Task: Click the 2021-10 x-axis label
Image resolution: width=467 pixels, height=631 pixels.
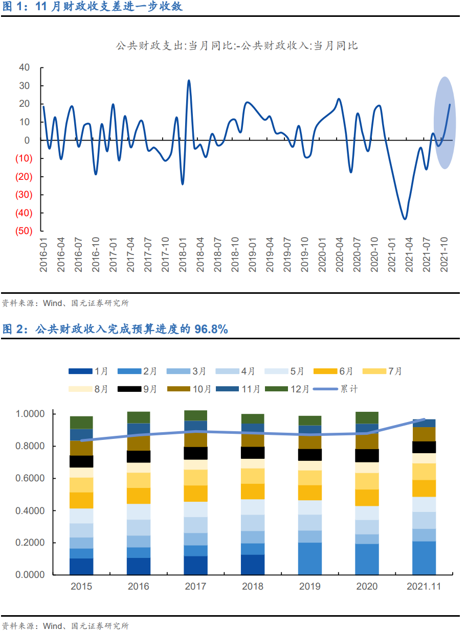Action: pyautogui.click(x=445, y=254)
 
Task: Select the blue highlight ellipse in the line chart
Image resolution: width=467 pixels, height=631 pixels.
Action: pyautogui.click(x=445, y=123)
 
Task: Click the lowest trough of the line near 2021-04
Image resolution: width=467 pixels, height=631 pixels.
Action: pyautogui.click(x=405, y=219)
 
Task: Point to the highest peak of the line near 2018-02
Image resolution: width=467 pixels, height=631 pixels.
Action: pyautogui.click(x=189, y=81)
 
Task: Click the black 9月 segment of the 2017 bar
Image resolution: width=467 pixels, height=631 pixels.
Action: pyautogui.click(x=196, y=453)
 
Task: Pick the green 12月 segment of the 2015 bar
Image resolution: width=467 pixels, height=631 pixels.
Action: pyautogui.click(x=81, y=422)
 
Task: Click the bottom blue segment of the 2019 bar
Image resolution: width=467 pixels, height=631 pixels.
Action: pyautogui.click(x=310, y=558)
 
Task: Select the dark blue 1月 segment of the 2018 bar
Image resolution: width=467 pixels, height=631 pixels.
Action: pyautogui.click(x=253, y=565)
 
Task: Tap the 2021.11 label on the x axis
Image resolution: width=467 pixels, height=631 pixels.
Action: pyautogui.click(x=424, y=587)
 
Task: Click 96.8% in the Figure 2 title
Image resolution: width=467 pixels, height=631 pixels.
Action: pyautogui.click(x=211, y=330)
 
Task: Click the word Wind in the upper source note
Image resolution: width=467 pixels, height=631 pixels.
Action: pyautogui.click(x=52, y=303)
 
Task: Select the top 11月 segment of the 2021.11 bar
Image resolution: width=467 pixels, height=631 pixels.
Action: pyautogui.click(x=424, y=423)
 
